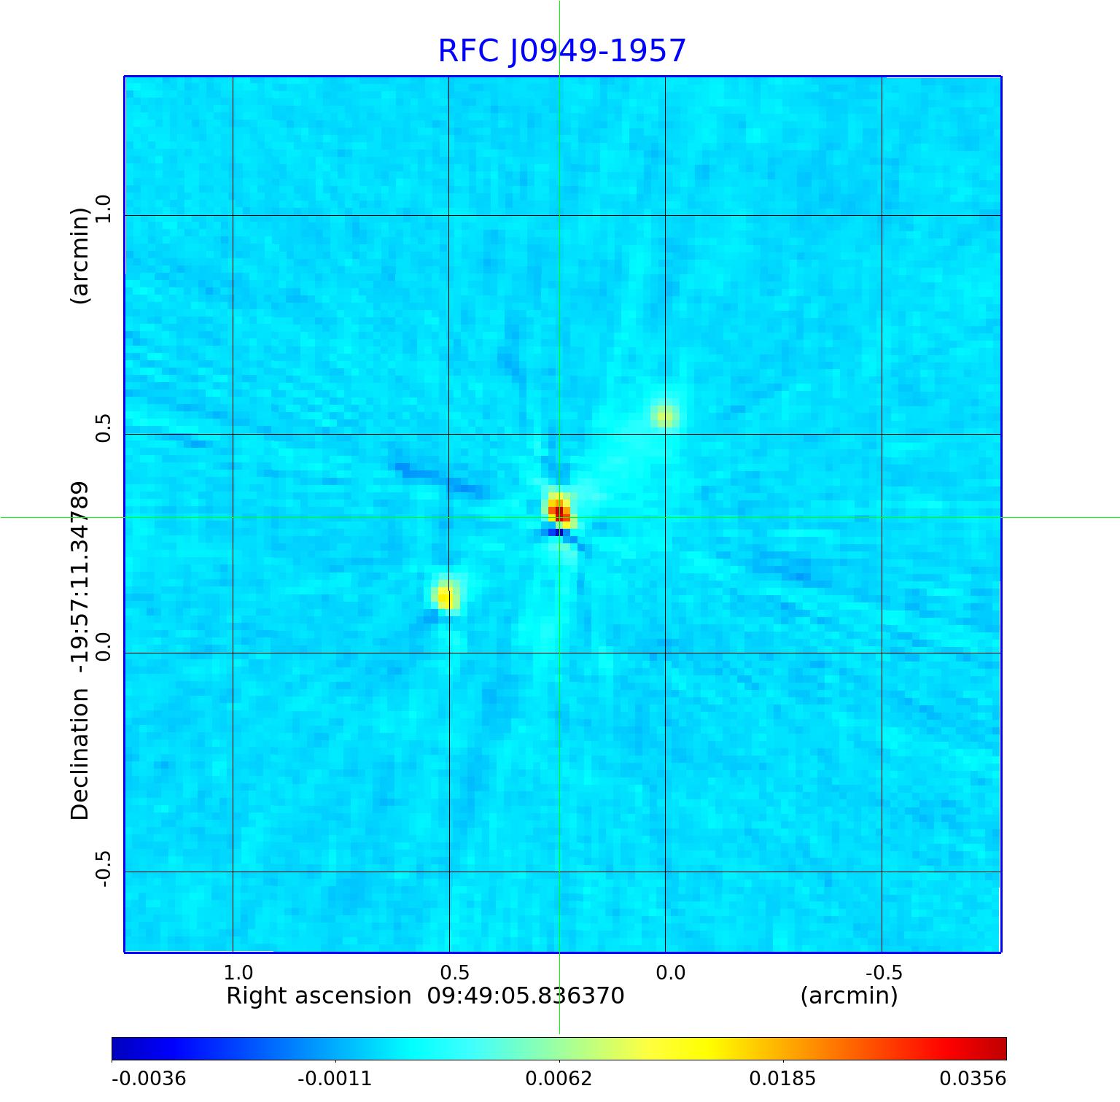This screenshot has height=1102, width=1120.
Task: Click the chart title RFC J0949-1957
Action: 561,51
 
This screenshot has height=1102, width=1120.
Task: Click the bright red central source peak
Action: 559,512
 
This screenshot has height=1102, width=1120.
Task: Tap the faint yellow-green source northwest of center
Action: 664,416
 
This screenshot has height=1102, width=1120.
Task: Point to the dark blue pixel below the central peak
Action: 559,532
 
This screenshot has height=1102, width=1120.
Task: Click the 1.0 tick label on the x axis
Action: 238,972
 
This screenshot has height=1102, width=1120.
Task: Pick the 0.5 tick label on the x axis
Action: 454,972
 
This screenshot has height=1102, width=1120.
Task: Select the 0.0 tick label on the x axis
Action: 670,972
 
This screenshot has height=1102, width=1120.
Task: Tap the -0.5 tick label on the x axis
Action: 884,972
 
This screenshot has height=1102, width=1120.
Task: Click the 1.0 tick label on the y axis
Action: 103,209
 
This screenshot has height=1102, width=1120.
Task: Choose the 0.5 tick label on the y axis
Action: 103,428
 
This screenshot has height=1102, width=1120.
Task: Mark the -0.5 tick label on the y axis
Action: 103,868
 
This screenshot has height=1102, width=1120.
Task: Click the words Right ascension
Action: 319,996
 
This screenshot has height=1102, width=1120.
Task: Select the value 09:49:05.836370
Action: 526,996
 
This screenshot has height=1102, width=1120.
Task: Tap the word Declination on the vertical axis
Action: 79,754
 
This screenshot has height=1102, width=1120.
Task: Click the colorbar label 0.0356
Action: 972,1079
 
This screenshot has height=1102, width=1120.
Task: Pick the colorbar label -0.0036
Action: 149,1079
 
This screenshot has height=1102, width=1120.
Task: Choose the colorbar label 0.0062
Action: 559,1079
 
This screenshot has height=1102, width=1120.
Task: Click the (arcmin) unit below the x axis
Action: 849,996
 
